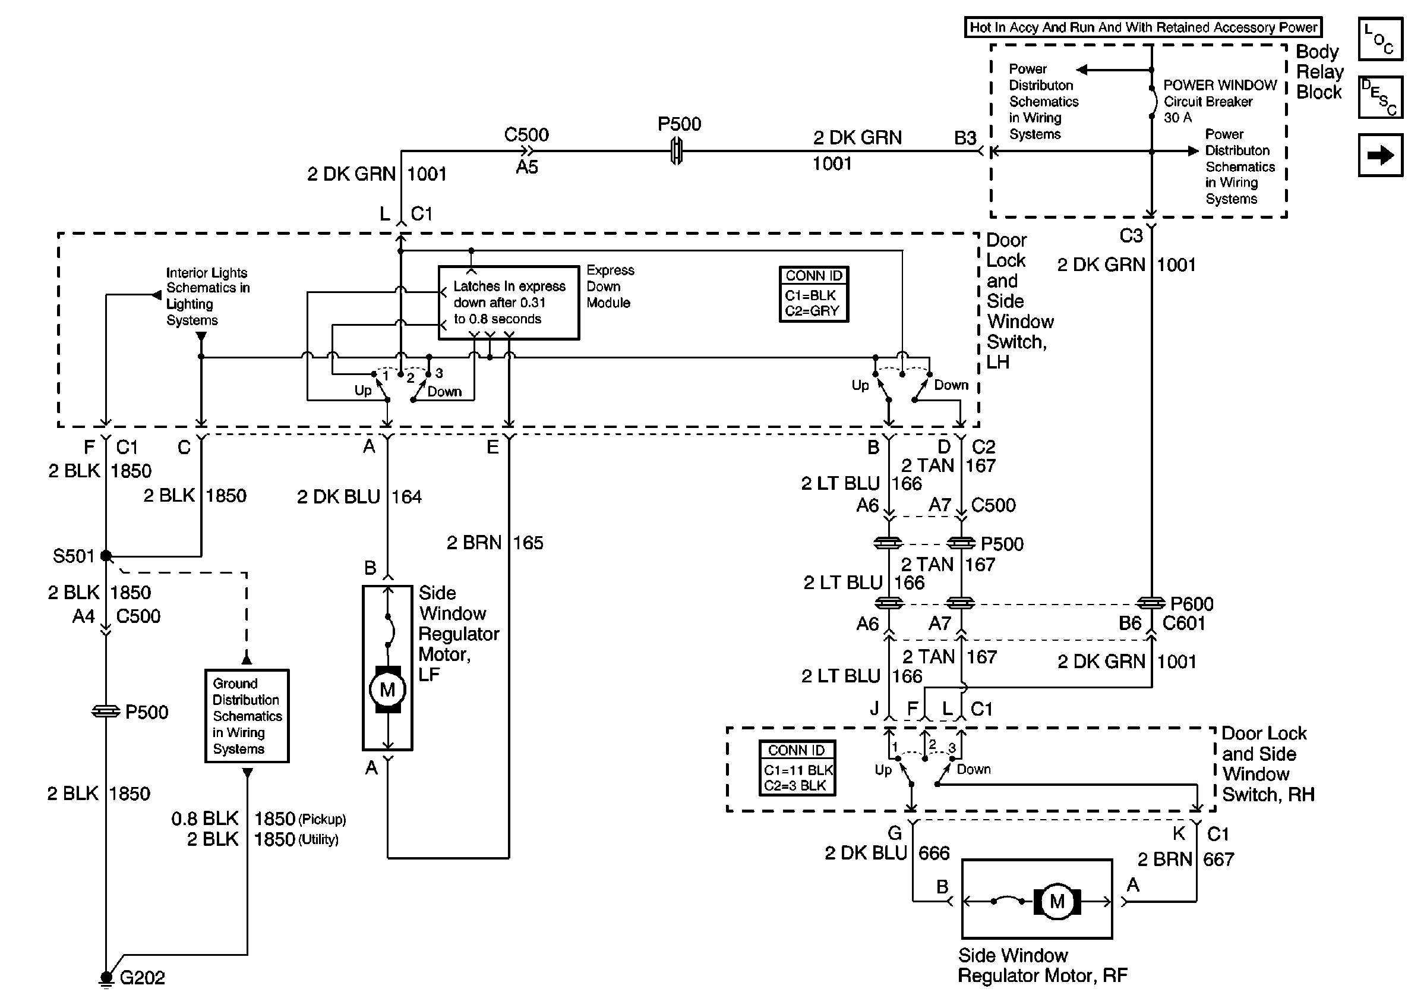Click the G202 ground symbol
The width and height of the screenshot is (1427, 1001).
(106, 977)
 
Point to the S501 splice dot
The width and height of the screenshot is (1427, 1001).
(106, 555)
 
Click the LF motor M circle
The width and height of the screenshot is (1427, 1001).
(387, 690)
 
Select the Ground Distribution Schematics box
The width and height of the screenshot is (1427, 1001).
(247, 716)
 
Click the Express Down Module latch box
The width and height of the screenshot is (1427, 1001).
(509, 303)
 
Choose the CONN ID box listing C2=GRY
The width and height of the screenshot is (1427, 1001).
(813, 294)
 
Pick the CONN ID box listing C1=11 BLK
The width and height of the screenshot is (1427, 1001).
(797, 768)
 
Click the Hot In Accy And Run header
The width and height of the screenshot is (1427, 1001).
(1143, 27)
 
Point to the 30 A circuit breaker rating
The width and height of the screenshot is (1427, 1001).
(1177, 118)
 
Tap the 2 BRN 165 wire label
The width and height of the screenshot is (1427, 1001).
(495, 543)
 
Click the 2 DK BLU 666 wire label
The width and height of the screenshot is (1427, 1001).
(887, 853)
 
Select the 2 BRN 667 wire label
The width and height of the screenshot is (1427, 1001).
(1185, 860)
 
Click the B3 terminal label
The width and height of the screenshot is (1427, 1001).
(965, 138)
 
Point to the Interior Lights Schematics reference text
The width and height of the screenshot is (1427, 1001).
(207, 297)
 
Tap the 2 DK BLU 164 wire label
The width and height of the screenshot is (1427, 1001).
(359, 497)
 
